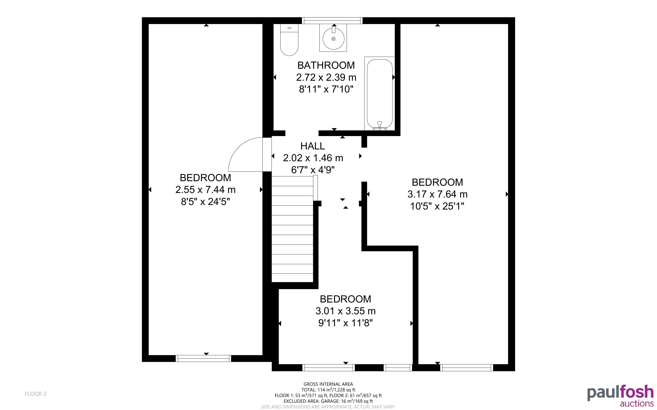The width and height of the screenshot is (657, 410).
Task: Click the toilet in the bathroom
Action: click(289, 40)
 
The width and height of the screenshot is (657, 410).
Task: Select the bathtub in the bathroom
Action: click(380, 94)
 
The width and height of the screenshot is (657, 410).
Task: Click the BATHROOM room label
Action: click(326, 65)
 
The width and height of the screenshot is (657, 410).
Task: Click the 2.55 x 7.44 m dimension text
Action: click(205, 190)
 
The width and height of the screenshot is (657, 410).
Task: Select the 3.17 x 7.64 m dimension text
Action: click(437, 194)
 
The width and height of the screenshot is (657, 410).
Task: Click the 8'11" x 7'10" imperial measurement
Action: click(326, 89)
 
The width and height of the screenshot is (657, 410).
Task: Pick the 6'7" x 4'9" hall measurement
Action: click(313, 170)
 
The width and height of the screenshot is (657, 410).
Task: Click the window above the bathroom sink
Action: click(332, 21)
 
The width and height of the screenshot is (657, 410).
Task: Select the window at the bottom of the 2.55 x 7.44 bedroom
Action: click(204, 359)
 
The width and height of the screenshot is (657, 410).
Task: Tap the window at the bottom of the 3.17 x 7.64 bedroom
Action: click(467, 368)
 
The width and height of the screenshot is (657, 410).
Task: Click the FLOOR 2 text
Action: click(36, 394)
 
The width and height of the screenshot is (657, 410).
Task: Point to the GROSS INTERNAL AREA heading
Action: click(328, 384)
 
